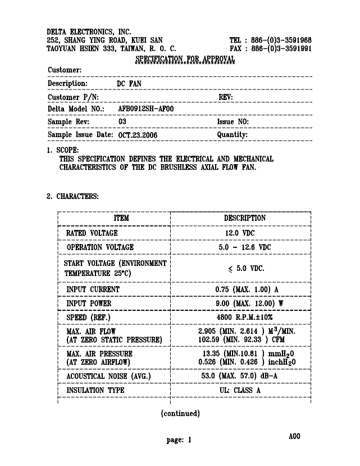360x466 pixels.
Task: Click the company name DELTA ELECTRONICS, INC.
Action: click(x=89, y=31)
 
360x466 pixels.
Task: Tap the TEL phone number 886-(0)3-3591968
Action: click(x=279, y=40)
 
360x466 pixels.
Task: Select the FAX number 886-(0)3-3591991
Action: click(x=279, y=49)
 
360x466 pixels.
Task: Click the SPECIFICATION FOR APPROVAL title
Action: click(x=185, y=59)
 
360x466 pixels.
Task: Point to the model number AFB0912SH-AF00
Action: click(x=145, y=108)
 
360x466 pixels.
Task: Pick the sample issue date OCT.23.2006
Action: click(x=138, y=135)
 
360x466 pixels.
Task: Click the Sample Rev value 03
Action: click(x=122, y=122)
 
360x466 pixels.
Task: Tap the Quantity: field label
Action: click(x=232, y=135)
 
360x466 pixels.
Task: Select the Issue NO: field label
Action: click(x=233, y=122)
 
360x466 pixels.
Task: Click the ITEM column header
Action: click(x=121, y=218)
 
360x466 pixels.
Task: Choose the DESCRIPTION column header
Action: click(x=245, y=218)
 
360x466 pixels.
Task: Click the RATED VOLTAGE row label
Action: click(x=92, y=233)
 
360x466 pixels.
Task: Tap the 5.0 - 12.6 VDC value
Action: click(x=244, y=247)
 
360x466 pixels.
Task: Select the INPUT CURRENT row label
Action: click(x=93, y=289)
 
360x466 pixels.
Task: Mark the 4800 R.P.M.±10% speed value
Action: click(x=243, y=318)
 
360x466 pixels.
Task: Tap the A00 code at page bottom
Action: click(x=294, y=436)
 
